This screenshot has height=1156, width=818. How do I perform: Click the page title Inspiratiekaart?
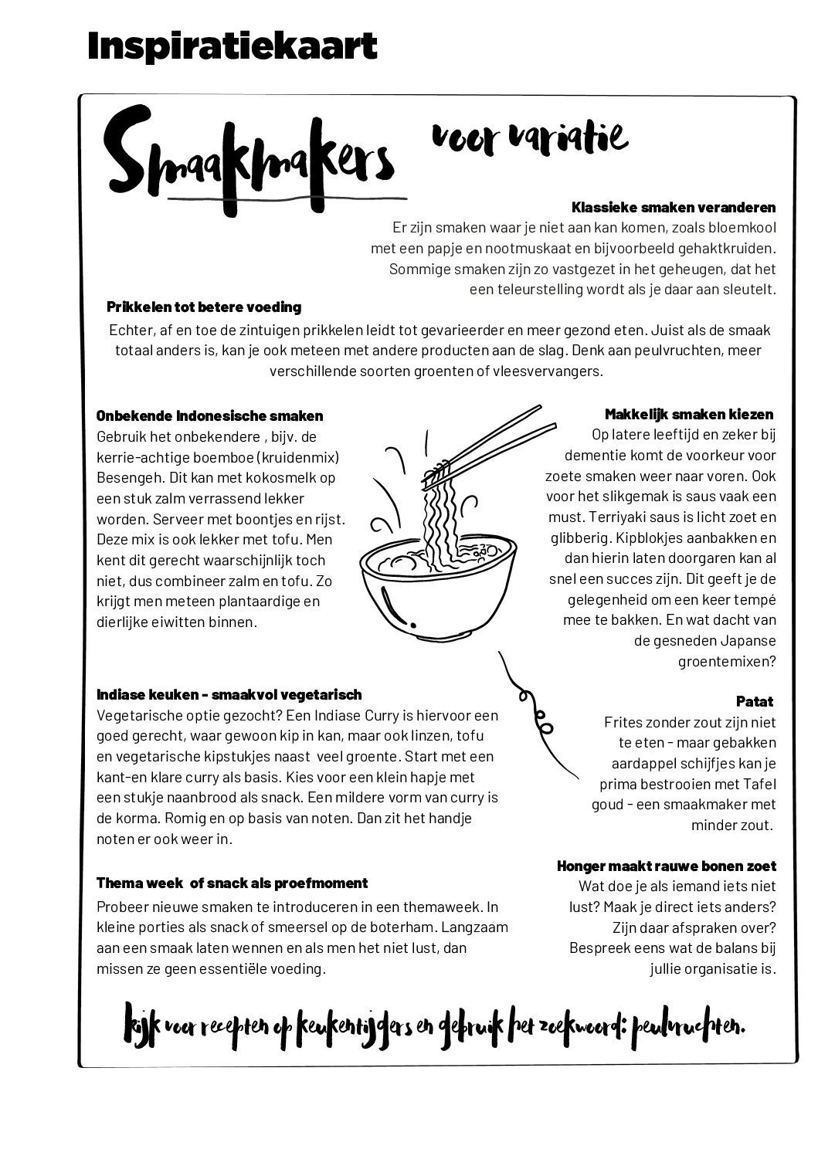click(x=232, y=46)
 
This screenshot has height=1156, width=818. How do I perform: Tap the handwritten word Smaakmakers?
click(x=250, y=158)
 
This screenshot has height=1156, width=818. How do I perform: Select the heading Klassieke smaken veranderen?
click(x=674, y=207)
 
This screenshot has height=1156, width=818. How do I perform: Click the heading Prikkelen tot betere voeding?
click(x=204, y=307)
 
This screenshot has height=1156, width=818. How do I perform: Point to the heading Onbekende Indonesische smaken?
click(x=210, y=416)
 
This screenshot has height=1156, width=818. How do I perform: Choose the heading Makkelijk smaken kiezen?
click(x=689, y=414)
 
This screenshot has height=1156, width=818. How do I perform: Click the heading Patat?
click(x=755, y=701)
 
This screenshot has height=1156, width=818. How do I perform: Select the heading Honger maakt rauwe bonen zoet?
click(x=667, y=866)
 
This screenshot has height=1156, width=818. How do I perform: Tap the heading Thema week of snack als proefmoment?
click(x=232, y=883)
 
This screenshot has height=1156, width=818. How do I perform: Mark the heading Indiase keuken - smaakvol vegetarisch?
click(x=229, y=695)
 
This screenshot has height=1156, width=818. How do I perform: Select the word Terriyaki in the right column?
click(x=623, y=517)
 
